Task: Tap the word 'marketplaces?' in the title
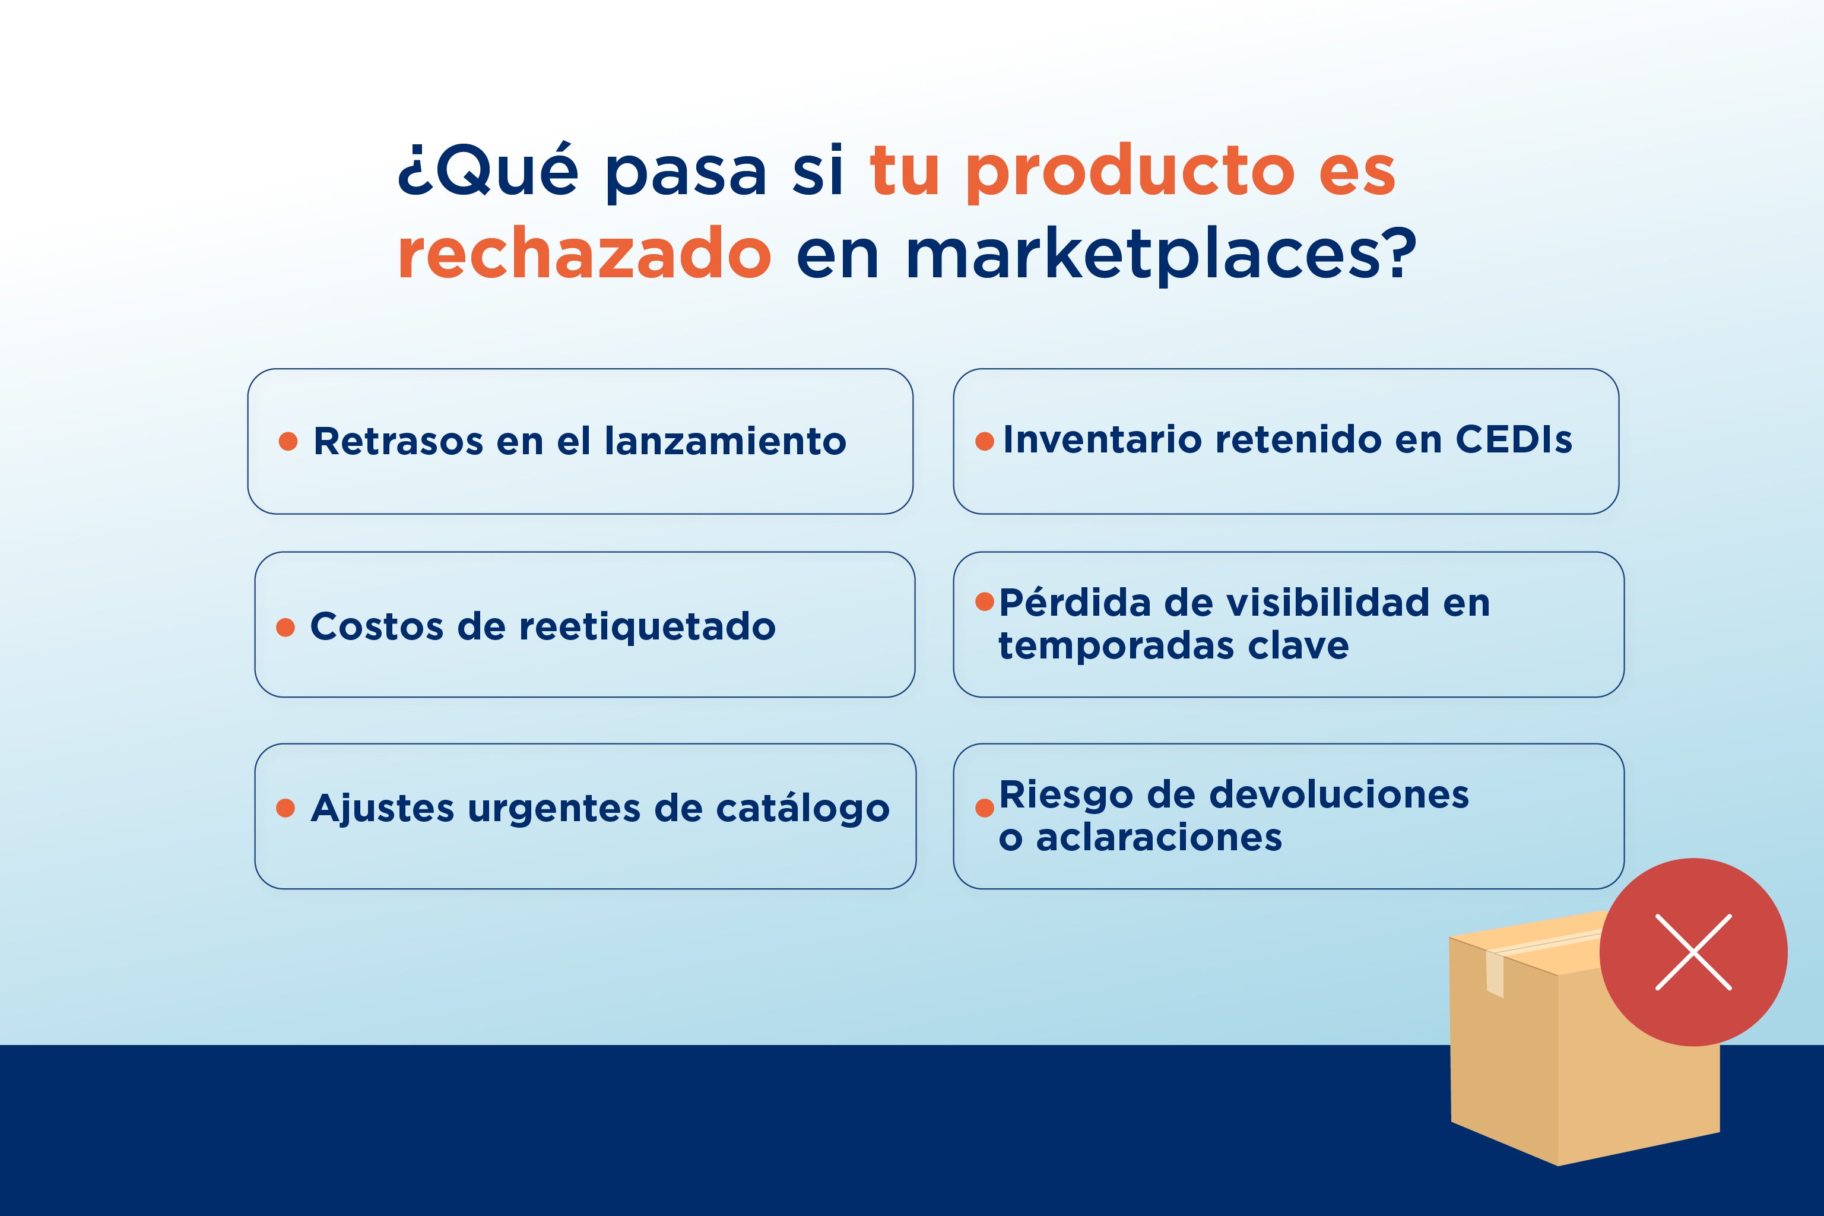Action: (x=1160, y=253)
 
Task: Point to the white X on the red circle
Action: (x=1694, y=952)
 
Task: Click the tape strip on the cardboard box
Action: (x=1495, y=973)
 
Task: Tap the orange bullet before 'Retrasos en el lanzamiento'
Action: (x=288, y=441)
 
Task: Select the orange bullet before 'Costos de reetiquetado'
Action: (x=286, y=628)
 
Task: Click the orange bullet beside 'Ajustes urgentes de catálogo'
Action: (x=286, y=808)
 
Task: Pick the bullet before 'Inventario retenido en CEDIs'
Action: (x=985, y=441)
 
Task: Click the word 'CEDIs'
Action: (x=1514, y=440)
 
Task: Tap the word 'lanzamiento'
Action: (x=725, y=441)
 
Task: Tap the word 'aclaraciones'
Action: (x=1159, y=838)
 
